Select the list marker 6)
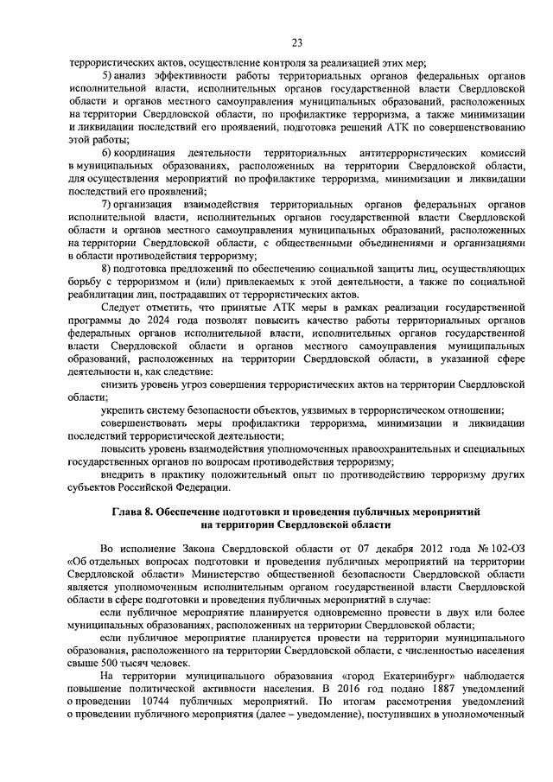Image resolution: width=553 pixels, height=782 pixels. [x=106, y=152]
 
